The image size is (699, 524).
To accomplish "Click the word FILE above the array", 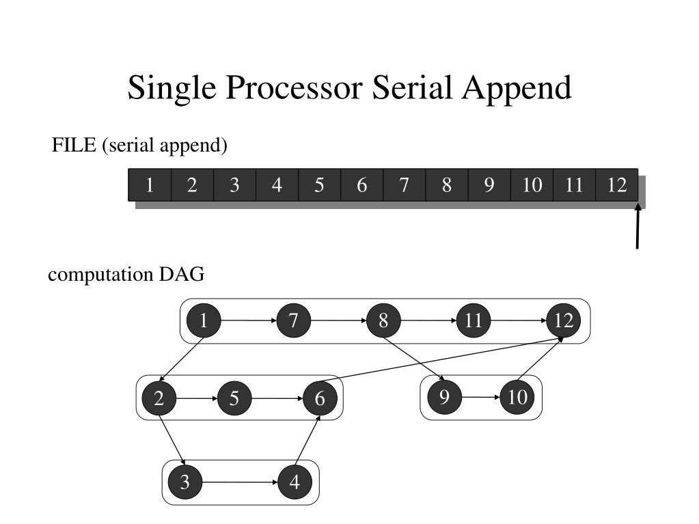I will pos(74,146).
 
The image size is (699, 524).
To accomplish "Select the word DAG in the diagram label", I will pos(182,275).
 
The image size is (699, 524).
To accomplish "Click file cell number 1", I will pos(150,185).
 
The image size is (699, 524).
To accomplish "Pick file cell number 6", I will pos(362,185).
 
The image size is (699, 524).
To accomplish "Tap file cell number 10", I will pos(532,185).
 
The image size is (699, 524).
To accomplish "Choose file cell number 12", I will pos(616,185).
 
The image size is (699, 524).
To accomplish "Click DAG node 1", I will pos(204,320).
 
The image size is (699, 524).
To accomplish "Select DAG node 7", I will pos(294,320).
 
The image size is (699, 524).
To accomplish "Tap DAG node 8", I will pos(384,320).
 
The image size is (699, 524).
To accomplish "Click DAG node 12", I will pos(564,320).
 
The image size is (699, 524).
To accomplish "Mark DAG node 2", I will pos(159,398).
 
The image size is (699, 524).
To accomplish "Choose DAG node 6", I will pos(320,398).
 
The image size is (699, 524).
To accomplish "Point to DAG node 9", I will pos(444,396).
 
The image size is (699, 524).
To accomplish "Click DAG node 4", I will pos(294,482).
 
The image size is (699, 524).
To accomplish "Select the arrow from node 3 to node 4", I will pos(239,482).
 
